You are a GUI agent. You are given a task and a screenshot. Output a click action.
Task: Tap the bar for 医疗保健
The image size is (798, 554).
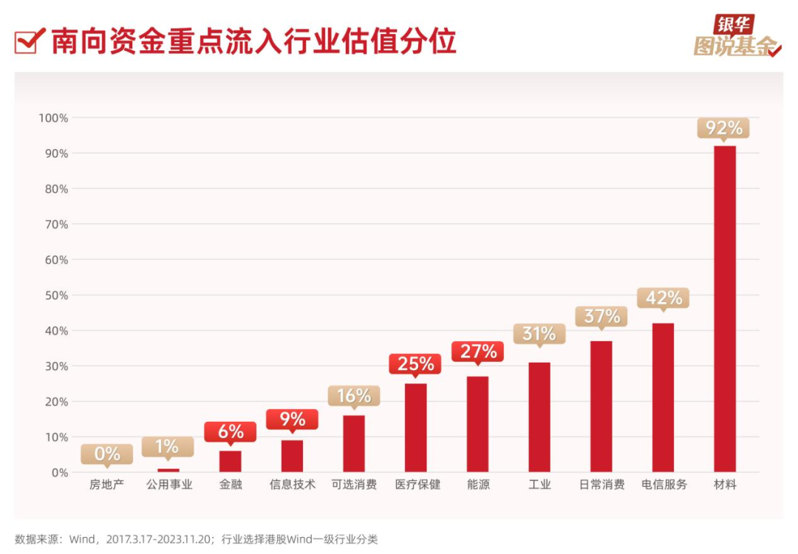(416, 428)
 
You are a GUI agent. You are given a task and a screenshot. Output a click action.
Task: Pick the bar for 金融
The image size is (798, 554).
(231, 461)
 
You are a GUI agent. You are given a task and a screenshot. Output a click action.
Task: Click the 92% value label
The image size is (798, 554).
(723, 128)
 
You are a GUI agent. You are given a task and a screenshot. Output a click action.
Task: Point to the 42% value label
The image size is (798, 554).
(663, 298)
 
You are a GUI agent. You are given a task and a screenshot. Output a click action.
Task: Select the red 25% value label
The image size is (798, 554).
(416, 363)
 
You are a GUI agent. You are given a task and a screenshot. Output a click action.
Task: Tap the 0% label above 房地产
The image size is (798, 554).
(107, 454)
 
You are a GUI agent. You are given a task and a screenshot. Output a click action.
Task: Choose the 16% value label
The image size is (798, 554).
(354, 396)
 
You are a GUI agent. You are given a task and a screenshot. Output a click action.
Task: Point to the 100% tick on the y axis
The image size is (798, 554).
(53, 118)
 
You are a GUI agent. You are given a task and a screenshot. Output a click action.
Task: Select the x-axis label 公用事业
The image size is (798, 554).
(168, 485)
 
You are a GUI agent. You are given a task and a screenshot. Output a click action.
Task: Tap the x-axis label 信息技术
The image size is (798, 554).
(292, 485)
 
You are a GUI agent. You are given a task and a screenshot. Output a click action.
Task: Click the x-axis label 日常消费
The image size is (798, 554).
(601, 485)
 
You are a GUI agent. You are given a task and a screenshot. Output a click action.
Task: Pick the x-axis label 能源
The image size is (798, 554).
(478, 485)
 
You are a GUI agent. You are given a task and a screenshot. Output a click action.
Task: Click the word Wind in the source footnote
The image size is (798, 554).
(81, 539)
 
